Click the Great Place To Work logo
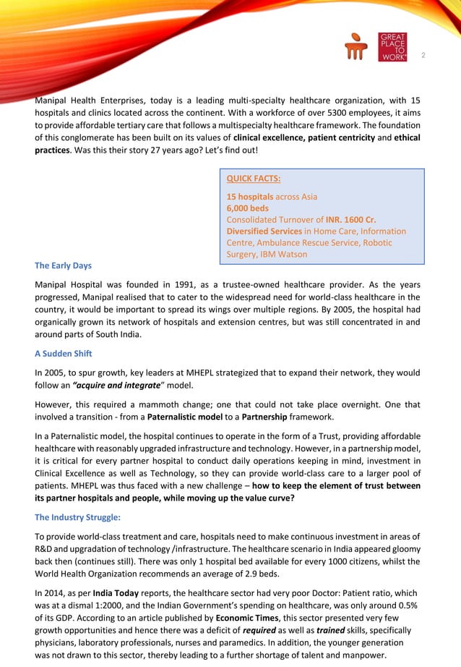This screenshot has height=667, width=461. tap(392, 47)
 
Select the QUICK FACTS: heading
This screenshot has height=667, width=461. tap(254, 179)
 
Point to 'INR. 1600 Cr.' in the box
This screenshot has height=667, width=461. tap(350, 220)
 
